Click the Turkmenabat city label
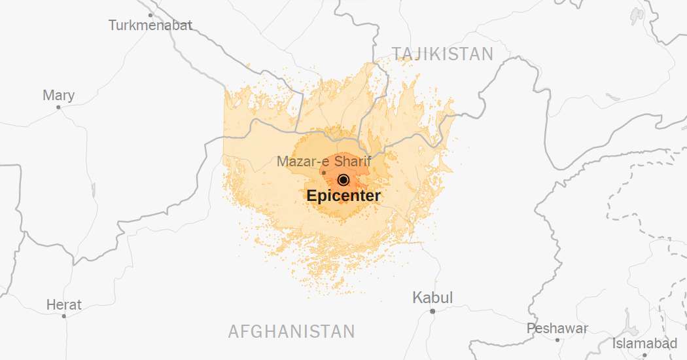(150, 26)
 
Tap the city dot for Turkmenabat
(150, 14)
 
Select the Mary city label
(58, 96)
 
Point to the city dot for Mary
(58, 107)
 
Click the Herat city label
(64, 305)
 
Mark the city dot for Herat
(64, 316)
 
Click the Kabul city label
(432, 298)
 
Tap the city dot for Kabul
(432, 311)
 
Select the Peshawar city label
(557, 328)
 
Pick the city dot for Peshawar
(557, 340)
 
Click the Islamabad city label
(644, 344)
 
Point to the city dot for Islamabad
(644, 355)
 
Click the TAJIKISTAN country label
(442, 54)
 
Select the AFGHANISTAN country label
(291, 331)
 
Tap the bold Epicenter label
(343, 195)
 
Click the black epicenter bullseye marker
(343, 180)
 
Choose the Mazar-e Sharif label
(324, 161)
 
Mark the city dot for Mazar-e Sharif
(323, 173)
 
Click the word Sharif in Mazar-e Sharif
(353, 161)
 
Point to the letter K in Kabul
(417, 298)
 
